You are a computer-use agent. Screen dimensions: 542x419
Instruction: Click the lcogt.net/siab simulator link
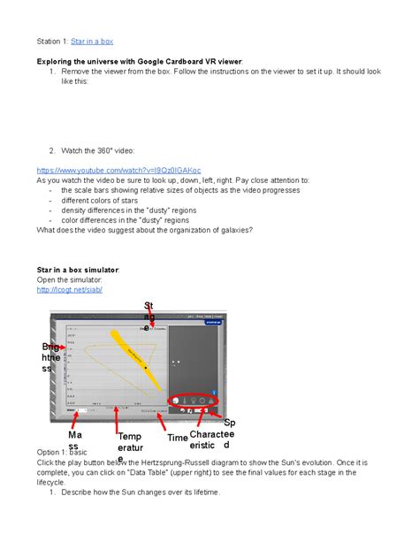coord(70,289)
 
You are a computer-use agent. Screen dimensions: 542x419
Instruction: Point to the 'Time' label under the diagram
coord(177,438)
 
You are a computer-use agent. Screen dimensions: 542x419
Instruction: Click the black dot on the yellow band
coord(145,367)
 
